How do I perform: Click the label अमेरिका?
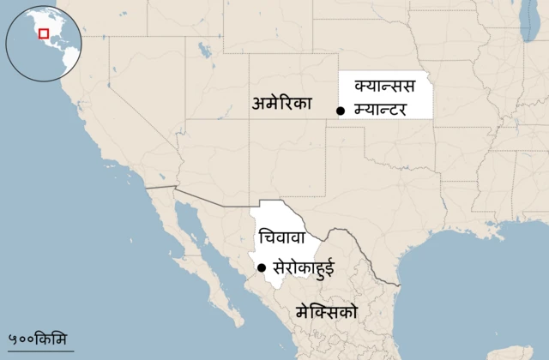(282, 105)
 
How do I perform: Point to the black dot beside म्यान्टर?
(341, 111)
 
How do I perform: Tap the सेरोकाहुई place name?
(304, 267)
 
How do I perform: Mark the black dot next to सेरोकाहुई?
(262, 267)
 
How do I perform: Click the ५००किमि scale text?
(37, 337)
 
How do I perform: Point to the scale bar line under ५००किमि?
(37, 347)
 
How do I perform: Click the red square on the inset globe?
(43, 34)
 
